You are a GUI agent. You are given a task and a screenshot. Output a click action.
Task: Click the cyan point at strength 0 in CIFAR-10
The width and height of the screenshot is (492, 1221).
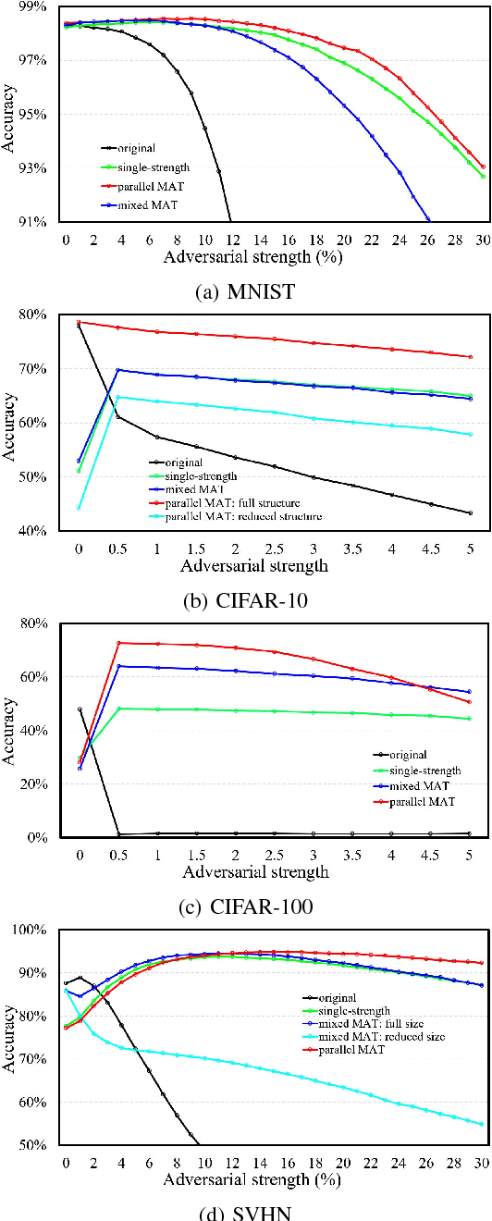(x=80, y=507)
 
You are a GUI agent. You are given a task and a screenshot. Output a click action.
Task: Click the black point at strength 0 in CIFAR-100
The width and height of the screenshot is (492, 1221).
(x=80, y=709)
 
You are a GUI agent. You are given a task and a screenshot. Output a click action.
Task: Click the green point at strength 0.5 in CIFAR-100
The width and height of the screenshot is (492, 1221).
(x=118, y=709)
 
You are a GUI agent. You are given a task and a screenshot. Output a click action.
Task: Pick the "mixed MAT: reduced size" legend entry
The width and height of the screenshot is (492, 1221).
(x=384, y=1037)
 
